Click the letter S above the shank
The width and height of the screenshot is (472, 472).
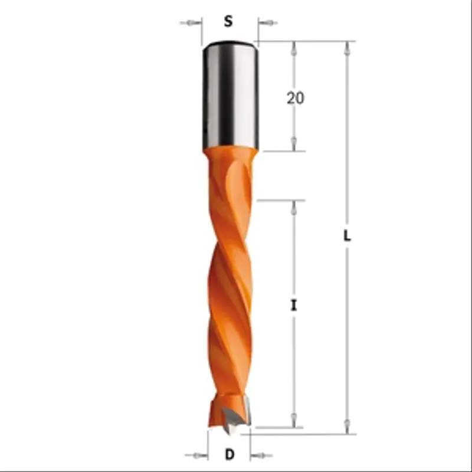tap(228, 21)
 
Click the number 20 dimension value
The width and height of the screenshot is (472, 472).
tap(296, 98)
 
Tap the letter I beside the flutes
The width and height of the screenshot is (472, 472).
tap(294, 306)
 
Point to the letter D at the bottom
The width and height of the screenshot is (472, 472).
tap(230, 454)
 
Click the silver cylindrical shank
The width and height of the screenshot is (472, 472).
tap(231, 95)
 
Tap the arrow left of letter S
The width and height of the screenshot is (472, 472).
tap(191, 23)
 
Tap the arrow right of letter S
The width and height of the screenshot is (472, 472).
tap(268, 22)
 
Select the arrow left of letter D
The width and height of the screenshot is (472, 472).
tap(196, 455)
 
